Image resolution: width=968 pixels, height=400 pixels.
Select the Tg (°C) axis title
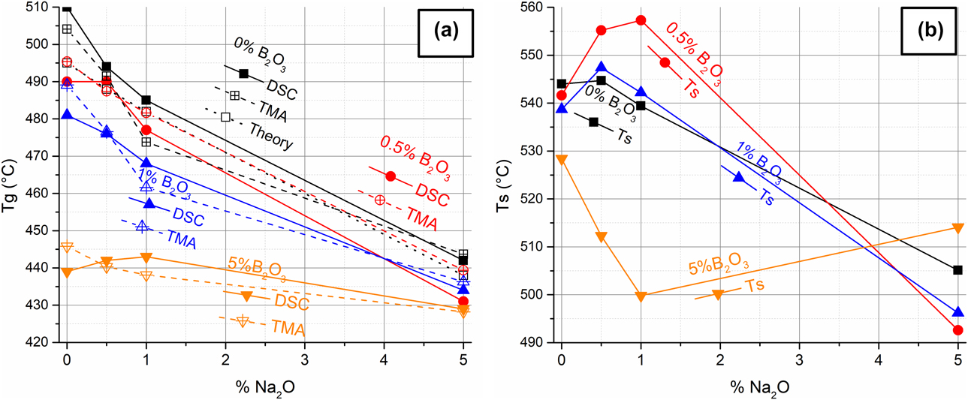click(11, 174)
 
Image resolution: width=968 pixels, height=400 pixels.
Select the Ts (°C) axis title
click(504, 174)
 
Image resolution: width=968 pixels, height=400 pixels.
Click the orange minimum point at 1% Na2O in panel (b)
click(641, 296)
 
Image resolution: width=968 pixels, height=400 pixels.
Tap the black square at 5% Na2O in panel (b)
click(957, 270)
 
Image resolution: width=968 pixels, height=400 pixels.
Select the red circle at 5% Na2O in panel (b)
click(957, 330)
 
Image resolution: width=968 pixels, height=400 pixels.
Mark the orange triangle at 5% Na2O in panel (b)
click(957, 228)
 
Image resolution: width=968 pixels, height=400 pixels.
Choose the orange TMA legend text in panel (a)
click(288, 329)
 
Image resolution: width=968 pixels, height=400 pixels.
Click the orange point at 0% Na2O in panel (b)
click(562, 159)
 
